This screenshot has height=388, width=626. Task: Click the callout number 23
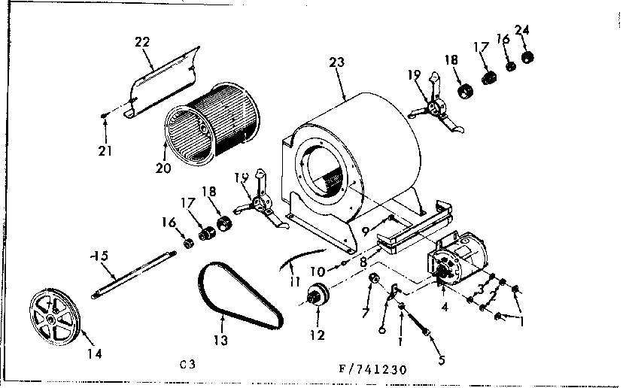click(336, 62)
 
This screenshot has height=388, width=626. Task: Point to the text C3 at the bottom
click(190, 364)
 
